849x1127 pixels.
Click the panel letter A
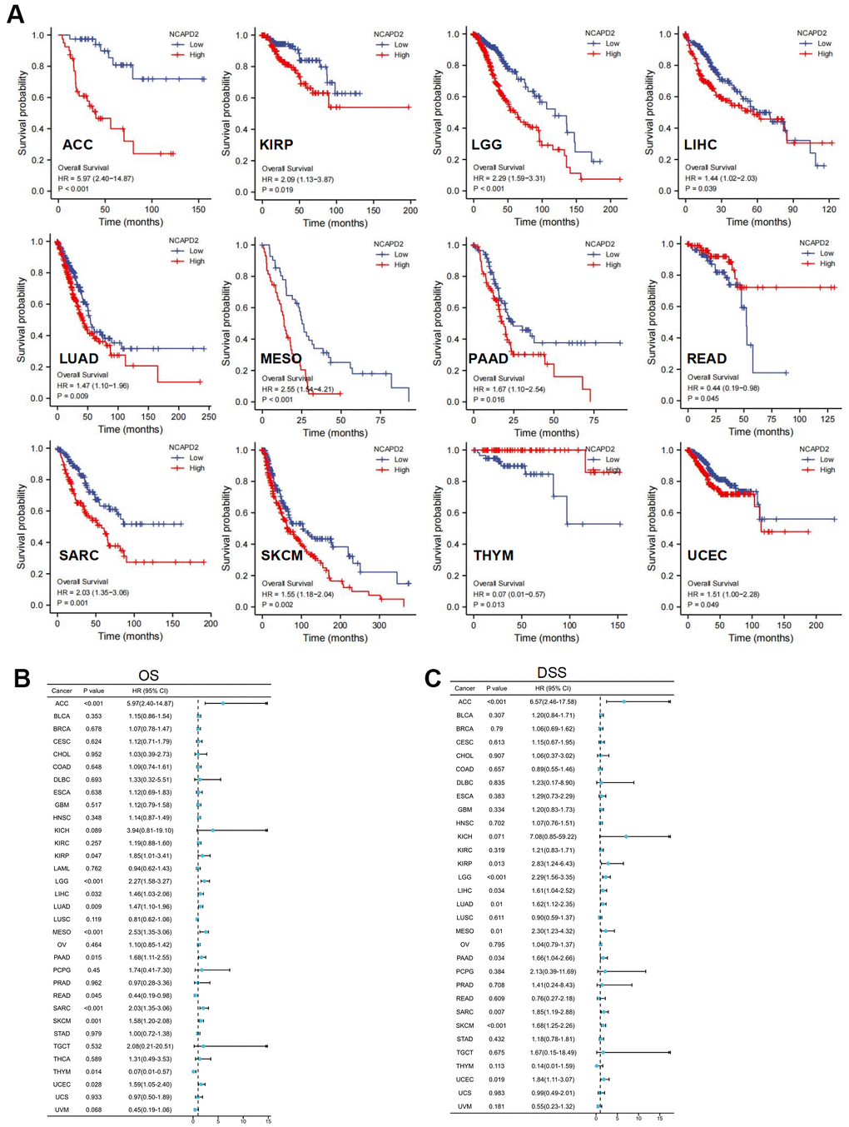(15, 14)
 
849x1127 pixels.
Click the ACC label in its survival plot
(77, 145)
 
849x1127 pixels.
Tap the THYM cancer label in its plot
(494, 556)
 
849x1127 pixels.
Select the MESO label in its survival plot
(281, 359)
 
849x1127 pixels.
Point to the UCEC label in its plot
(707, 556)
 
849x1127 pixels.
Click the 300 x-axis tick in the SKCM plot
(379, 625)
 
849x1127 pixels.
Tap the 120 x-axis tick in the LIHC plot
(829, 209)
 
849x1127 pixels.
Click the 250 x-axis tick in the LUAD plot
(209, 416)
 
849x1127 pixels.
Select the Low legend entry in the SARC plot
(196, 457)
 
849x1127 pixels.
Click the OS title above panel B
(148, 676)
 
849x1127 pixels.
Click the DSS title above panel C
(552, 672)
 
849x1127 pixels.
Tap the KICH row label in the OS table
(62, 830)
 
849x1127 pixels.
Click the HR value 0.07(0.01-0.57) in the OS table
(149, 1072)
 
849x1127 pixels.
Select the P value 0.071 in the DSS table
(496, 836)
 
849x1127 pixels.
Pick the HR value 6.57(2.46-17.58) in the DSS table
(553, 701)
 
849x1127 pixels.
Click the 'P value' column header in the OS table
(94, 691)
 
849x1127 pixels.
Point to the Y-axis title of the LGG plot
(438, 112)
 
